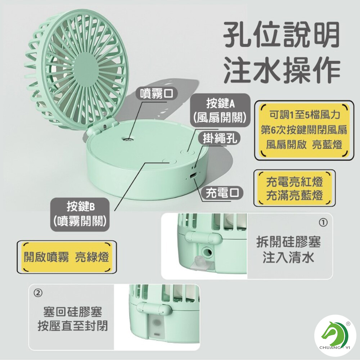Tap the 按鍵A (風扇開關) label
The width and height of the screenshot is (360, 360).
click(220, 111)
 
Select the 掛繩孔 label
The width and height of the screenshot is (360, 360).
click(219, 138)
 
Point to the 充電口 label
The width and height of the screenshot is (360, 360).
click(222, 193)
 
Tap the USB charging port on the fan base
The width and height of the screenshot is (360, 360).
click(193, 176)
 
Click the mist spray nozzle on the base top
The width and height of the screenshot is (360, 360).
click(127, 139)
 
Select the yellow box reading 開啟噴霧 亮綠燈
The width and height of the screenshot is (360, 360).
click(67, 257)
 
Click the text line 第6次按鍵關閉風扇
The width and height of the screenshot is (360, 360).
click(304, 130)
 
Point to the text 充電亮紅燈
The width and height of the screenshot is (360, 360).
click(294, 181)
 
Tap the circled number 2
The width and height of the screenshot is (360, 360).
click(38, 293)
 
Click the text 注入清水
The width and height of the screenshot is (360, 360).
click(288, 257)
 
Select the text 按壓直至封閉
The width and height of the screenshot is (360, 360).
click(73, 325)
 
